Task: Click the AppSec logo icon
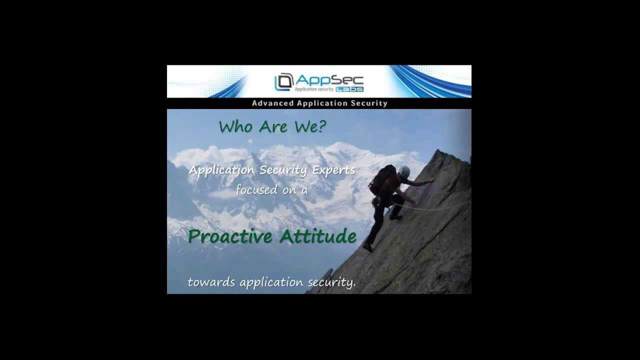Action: coord(283,82)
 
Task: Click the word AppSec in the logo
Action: coord(329,80)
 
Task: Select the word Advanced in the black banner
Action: coord(273,103)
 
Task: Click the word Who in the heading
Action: coord(235,127)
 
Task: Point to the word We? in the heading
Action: coord(310,127)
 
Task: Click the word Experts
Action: coord(333,170)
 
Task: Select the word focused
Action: coord(256,190)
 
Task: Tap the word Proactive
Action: coord(231,236)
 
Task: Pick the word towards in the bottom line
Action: coord(211,282)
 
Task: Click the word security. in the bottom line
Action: coord(331,282)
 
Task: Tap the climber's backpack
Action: coord(382,179)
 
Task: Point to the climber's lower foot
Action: coord(368,247)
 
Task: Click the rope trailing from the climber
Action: coord(440,207)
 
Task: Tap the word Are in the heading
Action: coord(273,127)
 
